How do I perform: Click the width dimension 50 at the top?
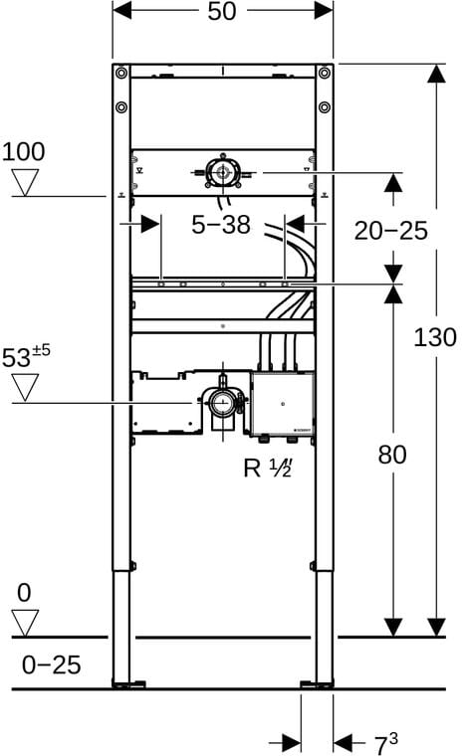click(x=222, y=11)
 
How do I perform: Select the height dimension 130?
click(x=435, y=337)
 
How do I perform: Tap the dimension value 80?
click(x=392, y=455)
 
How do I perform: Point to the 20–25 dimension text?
click(x=391, y=231)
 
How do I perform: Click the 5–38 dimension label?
click(x=221, y=225)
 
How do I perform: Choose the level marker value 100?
click(x=24, y=151)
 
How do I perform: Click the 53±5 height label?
click(x=26, y=356)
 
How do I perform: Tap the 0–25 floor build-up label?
click(x=51, y=665)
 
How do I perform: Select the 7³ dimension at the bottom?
click(x=386, y=743)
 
